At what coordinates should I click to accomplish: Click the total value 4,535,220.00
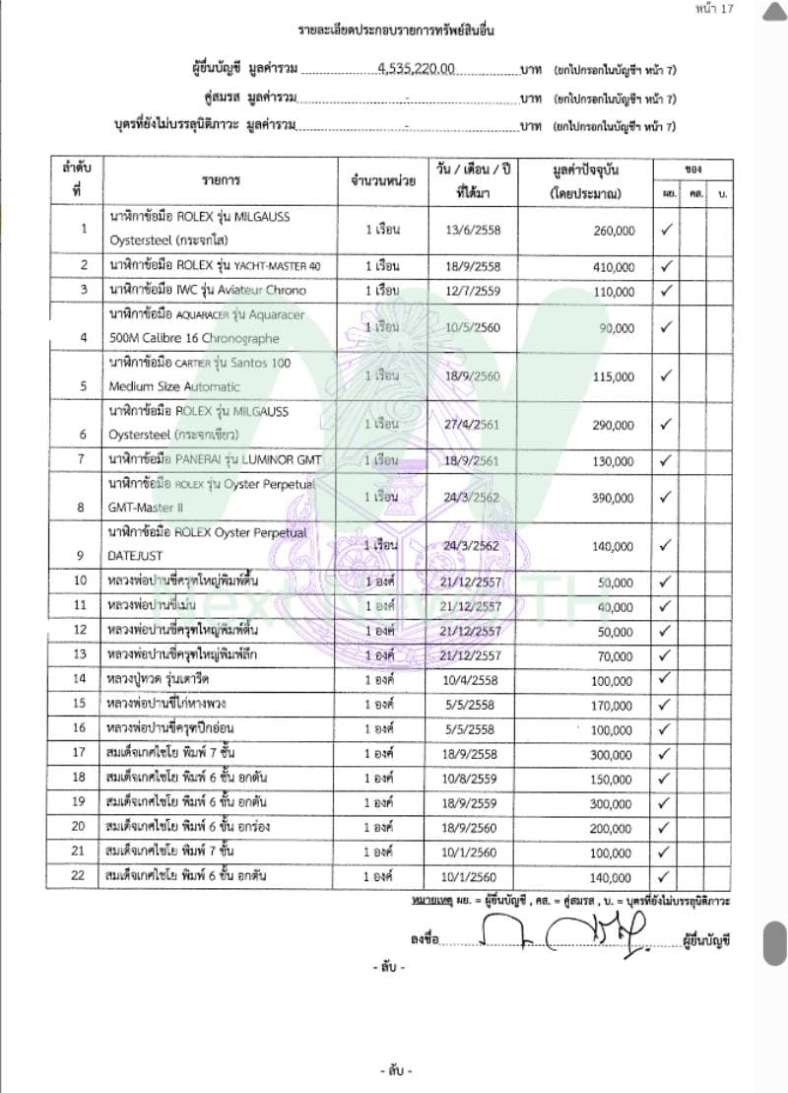pyautogui.click(x=416, y=69)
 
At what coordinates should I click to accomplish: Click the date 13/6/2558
pyautogui.click(x=473, y=231)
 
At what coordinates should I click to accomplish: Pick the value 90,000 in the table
pyautogui.click(x=617, y=328)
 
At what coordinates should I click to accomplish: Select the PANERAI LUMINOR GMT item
pyautogui.click(x=215, y=460)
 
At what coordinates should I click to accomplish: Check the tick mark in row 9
pyautogui.click(x=665, y=545)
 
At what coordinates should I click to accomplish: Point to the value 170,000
pyautogui.click(x=613, y=706)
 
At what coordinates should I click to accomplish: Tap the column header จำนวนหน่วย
pyautogui.click(x=382, y=181)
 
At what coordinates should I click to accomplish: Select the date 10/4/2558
pyautogui.click(x=473, y=681)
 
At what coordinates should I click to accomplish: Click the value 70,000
pyautogui.click(x=616, y=656)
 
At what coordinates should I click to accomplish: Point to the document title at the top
pyautogui.click(x=395, y=32)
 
